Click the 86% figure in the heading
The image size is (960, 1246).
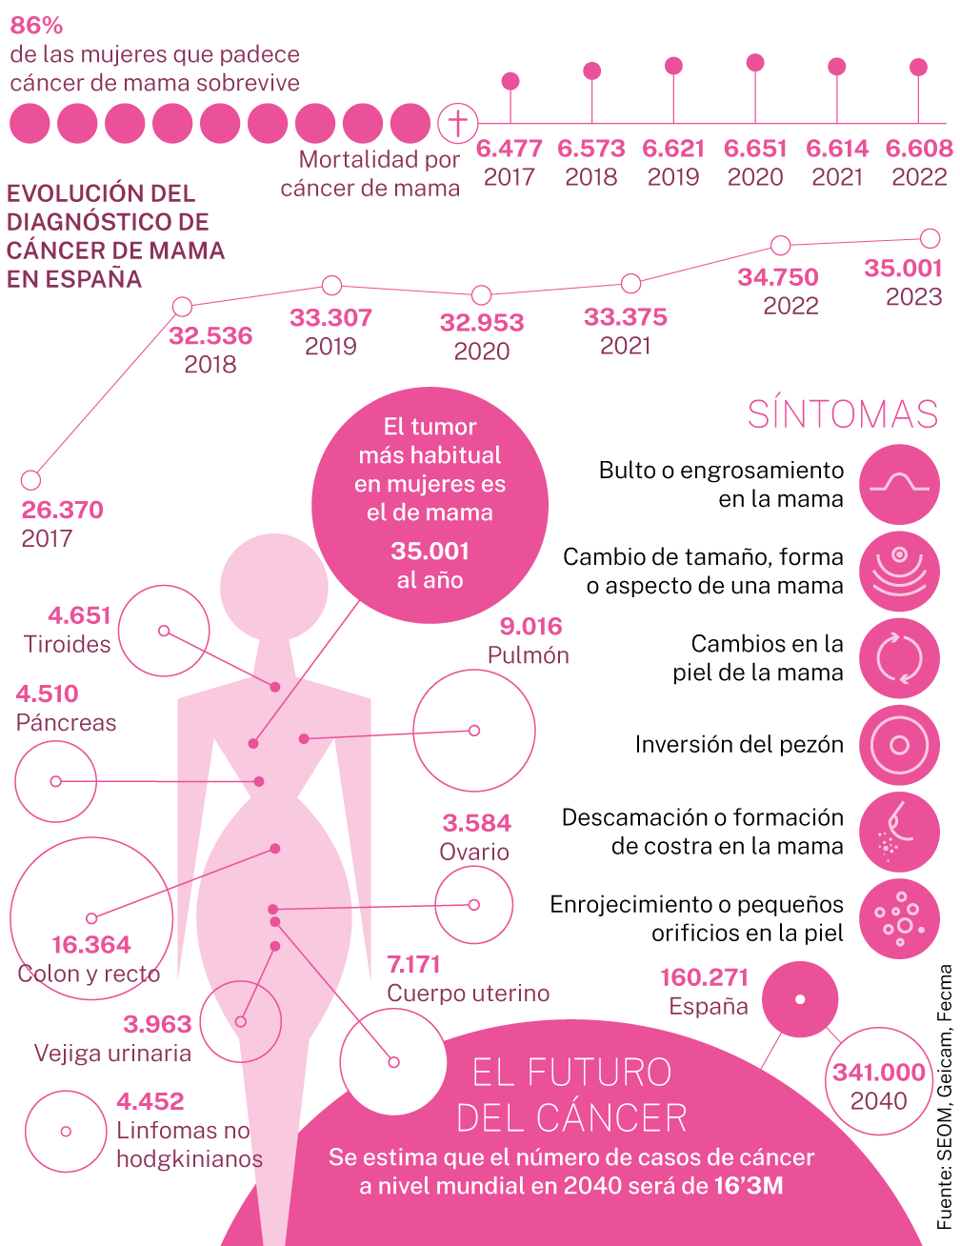tap(36, 25)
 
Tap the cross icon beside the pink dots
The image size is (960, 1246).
tap(457, 123)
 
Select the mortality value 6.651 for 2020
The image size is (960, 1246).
tap(755, 149)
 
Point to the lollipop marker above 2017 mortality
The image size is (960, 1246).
tap(510, 81)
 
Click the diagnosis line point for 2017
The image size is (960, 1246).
tap(30, 480)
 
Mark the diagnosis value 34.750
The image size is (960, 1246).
tap(778, 277)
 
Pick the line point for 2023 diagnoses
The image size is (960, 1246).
tap(930, 238)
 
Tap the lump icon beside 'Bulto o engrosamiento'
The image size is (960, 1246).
tap(899, 484)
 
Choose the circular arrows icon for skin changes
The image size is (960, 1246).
tap(899, 657)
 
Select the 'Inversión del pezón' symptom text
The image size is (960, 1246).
tap(739, 744)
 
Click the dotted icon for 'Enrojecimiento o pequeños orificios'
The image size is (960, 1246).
tap(899, 918)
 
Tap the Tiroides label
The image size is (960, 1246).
tap(67, 644)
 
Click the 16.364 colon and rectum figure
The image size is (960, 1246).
tap(91, 944)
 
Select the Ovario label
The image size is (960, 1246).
tap(474, 852)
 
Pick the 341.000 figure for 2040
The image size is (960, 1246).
tap(879, 1073)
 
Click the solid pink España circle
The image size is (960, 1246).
tap(800, 999)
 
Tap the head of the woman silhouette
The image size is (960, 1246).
tap(274, 587)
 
